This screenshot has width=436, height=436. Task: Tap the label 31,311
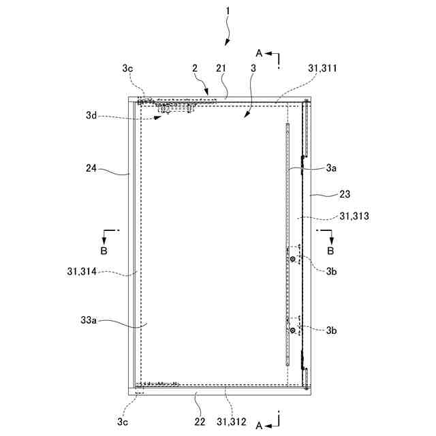[x=323, y=68]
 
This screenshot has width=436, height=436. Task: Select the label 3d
[x=92, y=116]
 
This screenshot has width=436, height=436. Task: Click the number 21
[x=221, y=68]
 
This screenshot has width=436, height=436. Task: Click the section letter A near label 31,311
[x=258, y=52]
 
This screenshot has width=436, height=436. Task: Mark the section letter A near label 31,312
[x=258, y=425]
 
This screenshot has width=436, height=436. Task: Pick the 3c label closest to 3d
[x=127, y=68]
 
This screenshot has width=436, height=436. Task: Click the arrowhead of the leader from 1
[x=225, y=45]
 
